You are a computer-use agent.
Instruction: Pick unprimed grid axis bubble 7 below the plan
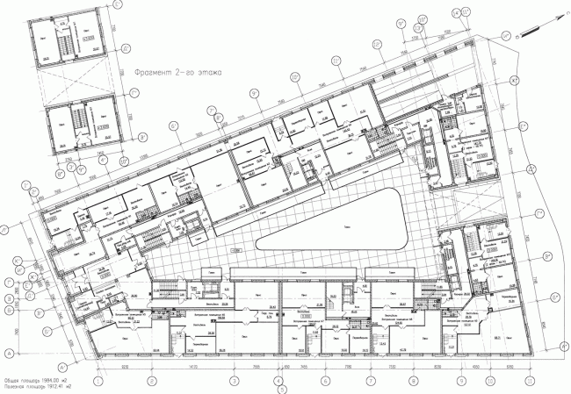click(369, 382)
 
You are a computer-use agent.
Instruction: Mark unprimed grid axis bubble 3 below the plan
click(235, 382)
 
